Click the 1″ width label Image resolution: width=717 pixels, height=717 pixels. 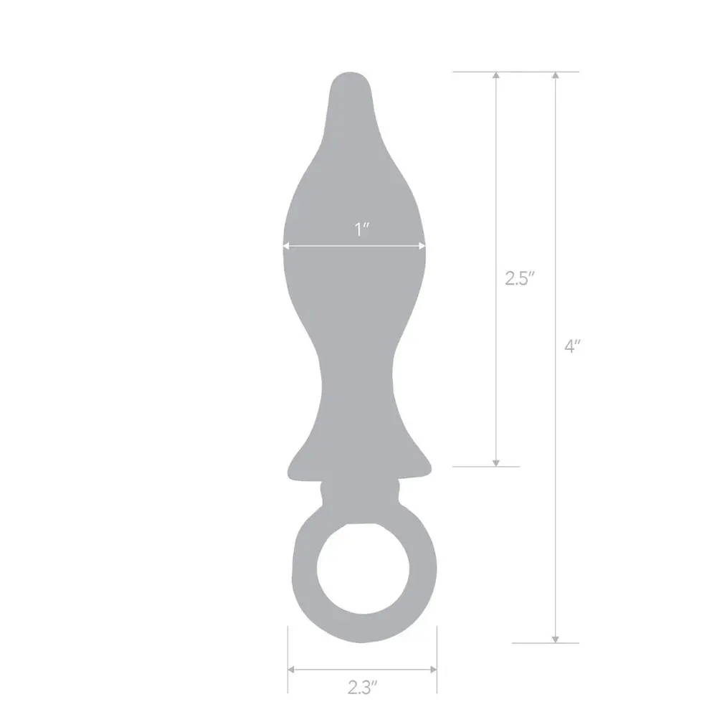[361, 229]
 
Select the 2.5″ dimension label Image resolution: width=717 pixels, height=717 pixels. [519, 278]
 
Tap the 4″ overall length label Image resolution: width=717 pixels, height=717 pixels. [572, 346]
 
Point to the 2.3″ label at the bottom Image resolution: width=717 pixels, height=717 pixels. [362, 688]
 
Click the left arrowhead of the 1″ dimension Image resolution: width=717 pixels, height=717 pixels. [286, 246]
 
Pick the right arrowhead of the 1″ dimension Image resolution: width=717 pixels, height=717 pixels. [422, 246]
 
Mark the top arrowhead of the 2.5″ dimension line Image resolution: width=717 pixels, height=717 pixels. [496, 75]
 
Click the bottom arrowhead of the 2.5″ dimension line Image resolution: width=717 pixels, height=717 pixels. [496, 463]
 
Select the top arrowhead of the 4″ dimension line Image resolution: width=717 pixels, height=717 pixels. [555, 75]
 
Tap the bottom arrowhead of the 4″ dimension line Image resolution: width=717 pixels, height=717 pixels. [555, 640]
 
